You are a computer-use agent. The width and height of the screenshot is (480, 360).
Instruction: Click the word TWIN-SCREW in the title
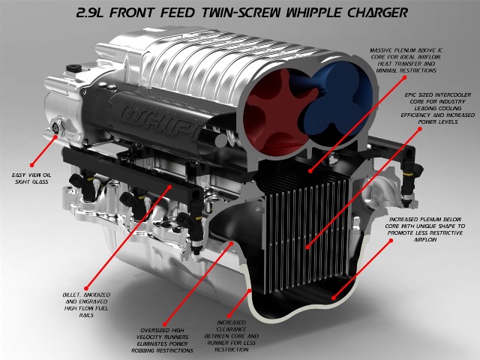coord(258,13)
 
